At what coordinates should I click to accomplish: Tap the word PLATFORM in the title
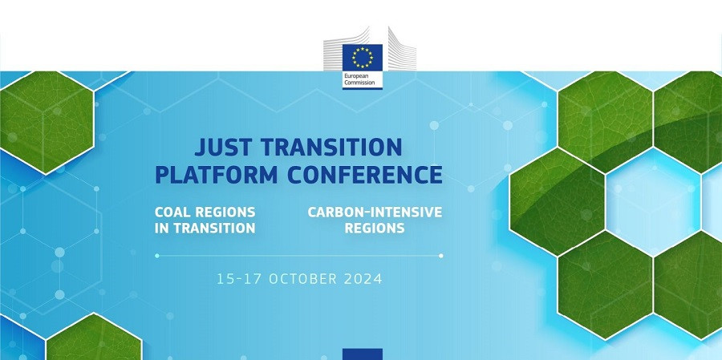coord(216,174)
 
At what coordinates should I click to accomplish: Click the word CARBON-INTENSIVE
coord(375,212)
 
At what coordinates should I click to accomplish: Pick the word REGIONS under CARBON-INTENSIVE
coord(375,228)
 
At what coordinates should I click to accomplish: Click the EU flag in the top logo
coord(363,57)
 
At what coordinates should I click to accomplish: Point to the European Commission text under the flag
coord(363,80)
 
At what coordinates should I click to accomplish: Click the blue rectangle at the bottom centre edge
coord(363,354)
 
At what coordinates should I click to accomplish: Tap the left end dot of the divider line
coord(157,256)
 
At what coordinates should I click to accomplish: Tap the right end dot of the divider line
coord(441,256)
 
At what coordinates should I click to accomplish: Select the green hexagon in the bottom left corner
coord(92,341)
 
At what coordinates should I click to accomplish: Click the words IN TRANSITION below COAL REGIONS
coord(205,228)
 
